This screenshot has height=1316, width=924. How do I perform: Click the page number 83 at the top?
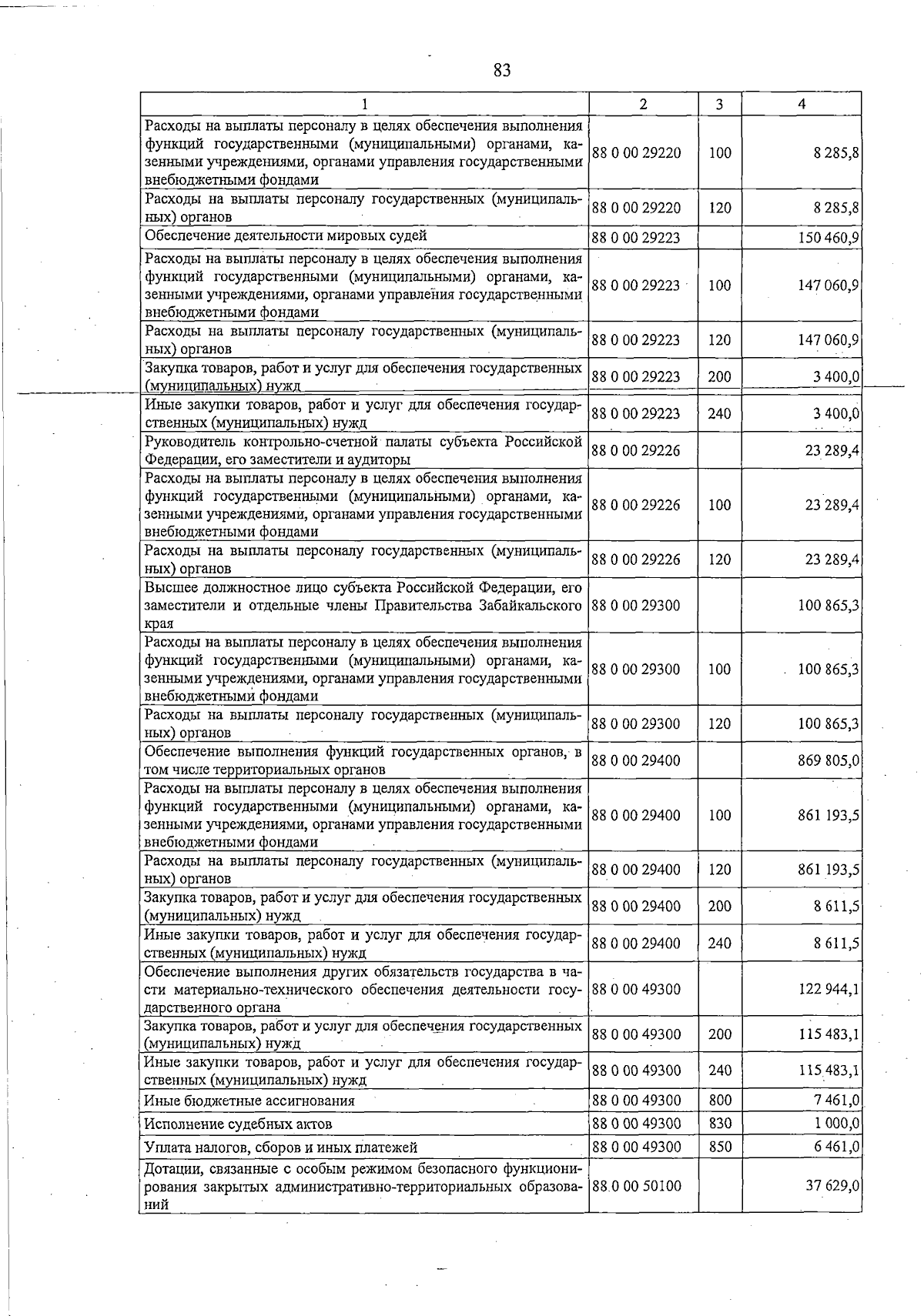coord(501,71)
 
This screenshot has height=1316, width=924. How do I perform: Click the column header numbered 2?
coord(643,104)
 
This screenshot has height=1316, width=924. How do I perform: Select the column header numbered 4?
coord(802,104)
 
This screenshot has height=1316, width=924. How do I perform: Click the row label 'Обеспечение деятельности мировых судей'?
coord(286,235)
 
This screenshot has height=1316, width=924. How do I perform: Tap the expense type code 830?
coord(719,1124)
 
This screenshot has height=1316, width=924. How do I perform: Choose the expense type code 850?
coord(719,1147)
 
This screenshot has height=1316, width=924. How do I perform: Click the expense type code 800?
coord(719,1101)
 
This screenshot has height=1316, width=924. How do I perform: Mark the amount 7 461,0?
coord(836,1101)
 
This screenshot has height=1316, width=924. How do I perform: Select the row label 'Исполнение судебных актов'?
coord(239,1124)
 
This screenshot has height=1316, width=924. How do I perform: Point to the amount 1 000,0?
coord(836,1124)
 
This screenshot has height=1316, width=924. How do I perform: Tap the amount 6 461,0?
coord(836,1147)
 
